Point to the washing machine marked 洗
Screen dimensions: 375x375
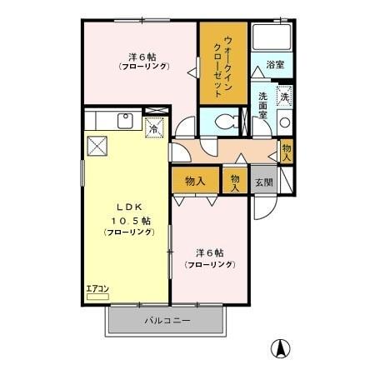[284, 96]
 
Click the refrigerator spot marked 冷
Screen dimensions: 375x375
[153, 128]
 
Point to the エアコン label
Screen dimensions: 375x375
[97, 288]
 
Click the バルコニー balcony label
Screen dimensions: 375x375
[167, 320]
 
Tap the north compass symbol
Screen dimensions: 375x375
[282, 350]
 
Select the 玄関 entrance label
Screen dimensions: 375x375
[262, 182]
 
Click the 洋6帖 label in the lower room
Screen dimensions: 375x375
[210, 252]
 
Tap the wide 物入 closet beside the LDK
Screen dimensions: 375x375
[195, 180]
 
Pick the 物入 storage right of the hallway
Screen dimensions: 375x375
[286, 151]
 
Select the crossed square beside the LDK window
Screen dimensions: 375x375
[98, 146]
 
